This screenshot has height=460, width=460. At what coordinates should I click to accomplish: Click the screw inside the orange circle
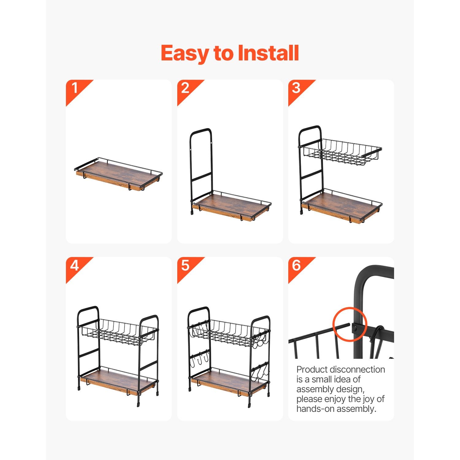(x=355, y=328)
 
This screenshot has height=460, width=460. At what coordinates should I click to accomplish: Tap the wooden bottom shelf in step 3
(x=341, y=205)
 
